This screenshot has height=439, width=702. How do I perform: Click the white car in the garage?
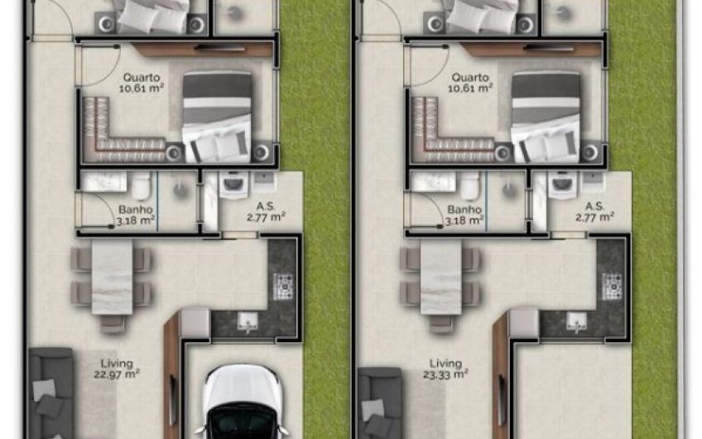[x=243, y=402]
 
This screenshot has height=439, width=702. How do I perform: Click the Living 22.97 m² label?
[x=117, y=369]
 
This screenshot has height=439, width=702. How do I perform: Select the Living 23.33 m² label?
[x=445, y=369]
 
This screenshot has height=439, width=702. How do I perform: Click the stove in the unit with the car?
[x=283, y=287]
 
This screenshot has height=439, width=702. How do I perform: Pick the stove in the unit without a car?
[x=612, y=287]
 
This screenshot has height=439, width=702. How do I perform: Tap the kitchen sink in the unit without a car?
[x=576, y=321]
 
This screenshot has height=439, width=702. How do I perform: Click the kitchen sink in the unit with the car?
[x=248, y=321]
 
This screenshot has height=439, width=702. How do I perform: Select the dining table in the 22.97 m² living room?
[x=112, y=277]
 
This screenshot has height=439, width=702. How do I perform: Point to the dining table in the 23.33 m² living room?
[x=441, y=277]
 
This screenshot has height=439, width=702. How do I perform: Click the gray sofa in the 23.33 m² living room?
[x=380, y=403]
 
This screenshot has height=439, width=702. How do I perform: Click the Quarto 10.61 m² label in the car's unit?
[x=141, y=83]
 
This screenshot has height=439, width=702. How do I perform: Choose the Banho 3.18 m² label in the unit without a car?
[x=464, y=215]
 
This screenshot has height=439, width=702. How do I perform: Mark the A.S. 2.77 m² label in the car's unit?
[x=266, y=212]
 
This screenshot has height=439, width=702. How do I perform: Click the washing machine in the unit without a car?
[x=562, y=184]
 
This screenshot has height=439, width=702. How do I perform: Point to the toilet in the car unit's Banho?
[x=141, y=186]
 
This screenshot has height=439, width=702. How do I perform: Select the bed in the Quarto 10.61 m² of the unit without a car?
[x=546, y=118]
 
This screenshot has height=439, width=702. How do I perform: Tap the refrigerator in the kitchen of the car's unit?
[x=195, y=323]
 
